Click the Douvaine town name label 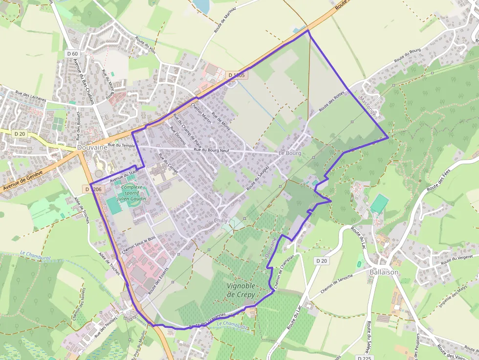pyautogui.click(x=91, y=147)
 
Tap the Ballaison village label pyautogui.click(x=384, y=272)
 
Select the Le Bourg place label pyautogui.click(x=290, y=153)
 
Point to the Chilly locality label pyautogui.click(x=220, y=220)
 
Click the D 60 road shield pyautogui.click(x=72, y=53)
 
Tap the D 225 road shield pyautogui.click(x=365, y=358)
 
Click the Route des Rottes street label pyautogui.click(x=332, y=101)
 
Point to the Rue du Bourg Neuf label pyautogui.click(x=211, y=150)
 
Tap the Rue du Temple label pyautogui.click(x=121, y=145)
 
